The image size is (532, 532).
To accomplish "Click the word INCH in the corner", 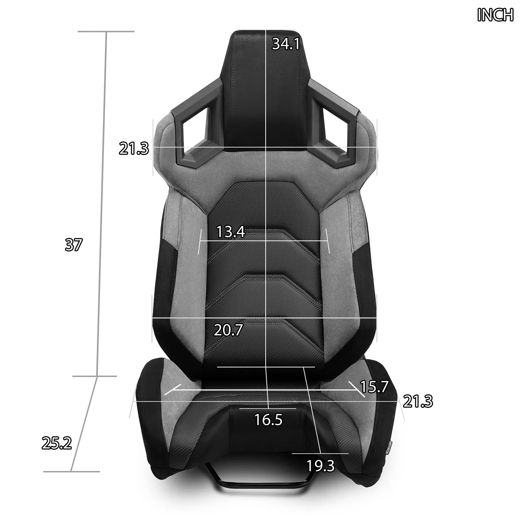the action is coord(495,15).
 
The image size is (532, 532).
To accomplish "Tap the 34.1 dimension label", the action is coord(286,44).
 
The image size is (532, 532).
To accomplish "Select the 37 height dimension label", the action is coord(74,245).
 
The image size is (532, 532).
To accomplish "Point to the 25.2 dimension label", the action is coord(57,443).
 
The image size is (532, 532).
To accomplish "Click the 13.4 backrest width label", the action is coord(231,232).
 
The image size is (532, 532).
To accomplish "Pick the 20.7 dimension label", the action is coord(228,330).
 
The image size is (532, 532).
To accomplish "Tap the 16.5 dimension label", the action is coord(268,420).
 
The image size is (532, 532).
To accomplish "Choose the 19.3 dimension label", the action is coord(321,466).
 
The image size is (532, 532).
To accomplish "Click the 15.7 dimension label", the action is coord(375,386).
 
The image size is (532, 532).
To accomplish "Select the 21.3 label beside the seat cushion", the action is coord(418,402).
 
